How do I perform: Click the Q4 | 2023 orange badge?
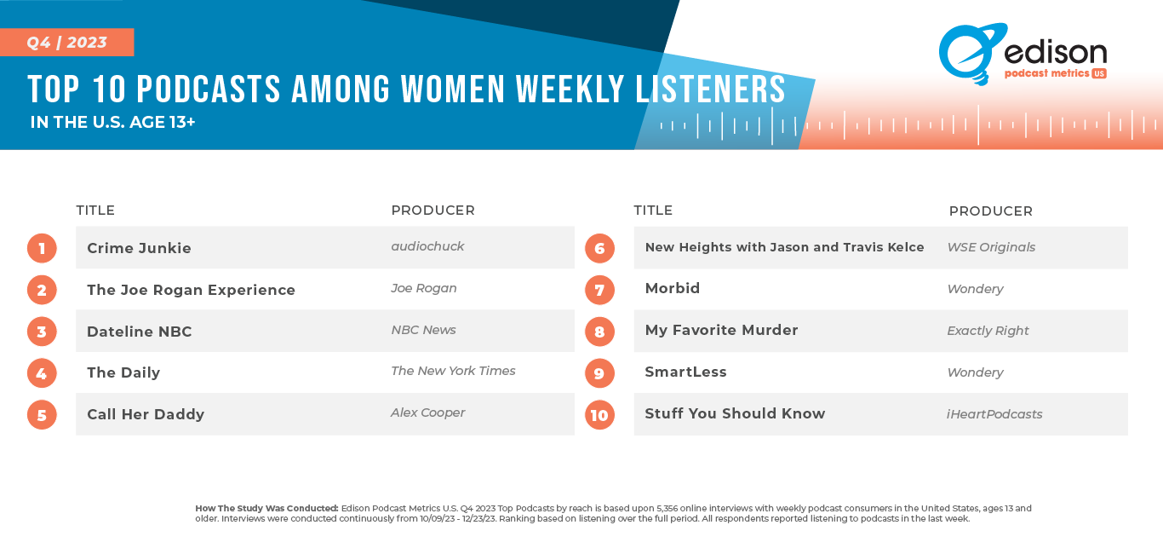67,42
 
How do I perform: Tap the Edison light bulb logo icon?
966,54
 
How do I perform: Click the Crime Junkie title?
139,248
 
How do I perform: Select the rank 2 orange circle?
42,290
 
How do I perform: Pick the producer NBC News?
424,330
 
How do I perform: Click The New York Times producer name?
453,371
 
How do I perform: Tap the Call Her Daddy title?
146,414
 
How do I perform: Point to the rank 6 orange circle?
599,248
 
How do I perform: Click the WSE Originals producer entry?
991,247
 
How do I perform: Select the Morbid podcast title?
673,288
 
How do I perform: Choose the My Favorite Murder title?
722,331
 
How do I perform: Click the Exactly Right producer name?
988,331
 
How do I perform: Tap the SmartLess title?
686,372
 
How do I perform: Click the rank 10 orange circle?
599,415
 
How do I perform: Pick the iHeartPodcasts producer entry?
994,414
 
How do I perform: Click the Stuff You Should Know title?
736,413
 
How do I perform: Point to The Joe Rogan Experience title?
191,290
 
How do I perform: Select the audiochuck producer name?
427,246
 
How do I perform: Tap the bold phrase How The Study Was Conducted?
266,508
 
